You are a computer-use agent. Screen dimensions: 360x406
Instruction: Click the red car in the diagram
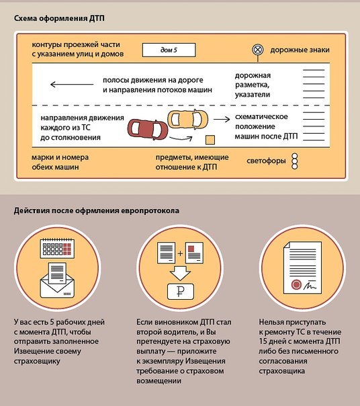pos(148,129)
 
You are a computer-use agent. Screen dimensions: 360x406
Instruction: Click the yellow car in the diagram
pos(188,119)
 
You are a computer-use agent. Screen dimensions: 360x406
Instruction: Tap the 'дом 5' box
pos(169,50)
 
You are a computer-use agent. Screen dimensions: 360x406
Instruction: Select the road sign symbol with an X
pos(258,50)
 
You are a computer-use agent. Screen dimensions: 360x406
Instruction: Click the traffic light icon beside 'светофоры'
pos(295,161)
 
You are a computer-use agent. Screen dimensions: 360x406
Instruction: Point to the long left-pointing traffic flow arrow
pos(72,85)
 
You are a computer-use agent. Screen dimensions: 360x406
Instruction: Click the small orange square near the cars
pos(210,140)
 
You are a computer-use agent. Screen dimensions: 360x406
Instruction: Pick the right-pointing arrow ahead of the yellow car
pos(222,119)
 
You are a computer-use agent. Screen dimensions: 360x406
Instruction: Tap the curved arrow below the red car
pos(181,139)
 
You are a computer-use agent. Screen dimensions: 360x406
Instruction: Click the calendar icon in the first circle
pos(57,248)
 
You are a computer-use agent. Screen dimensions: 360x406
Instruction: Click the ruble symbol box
pos(181,292)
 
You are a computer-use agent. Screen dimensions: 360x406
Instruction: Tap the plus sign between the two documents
pos(180,253)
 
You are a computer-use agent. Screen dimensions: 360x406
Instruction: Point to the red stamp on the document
pos(296,285)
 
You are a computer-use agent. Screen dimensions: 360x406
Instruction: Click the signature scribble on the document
pos(310,286)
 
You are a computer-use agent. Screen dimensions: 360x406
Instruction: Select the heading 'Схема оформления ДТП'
pos(59,19)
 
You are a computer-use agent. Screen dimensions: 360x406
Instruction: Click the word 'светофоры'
pos(266,161)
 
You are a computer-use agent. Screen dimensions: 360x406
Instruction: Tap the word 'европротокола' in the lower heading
pos(150,210)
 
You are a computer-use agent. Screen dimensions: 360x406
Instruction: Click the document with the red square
pos(194,253)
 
